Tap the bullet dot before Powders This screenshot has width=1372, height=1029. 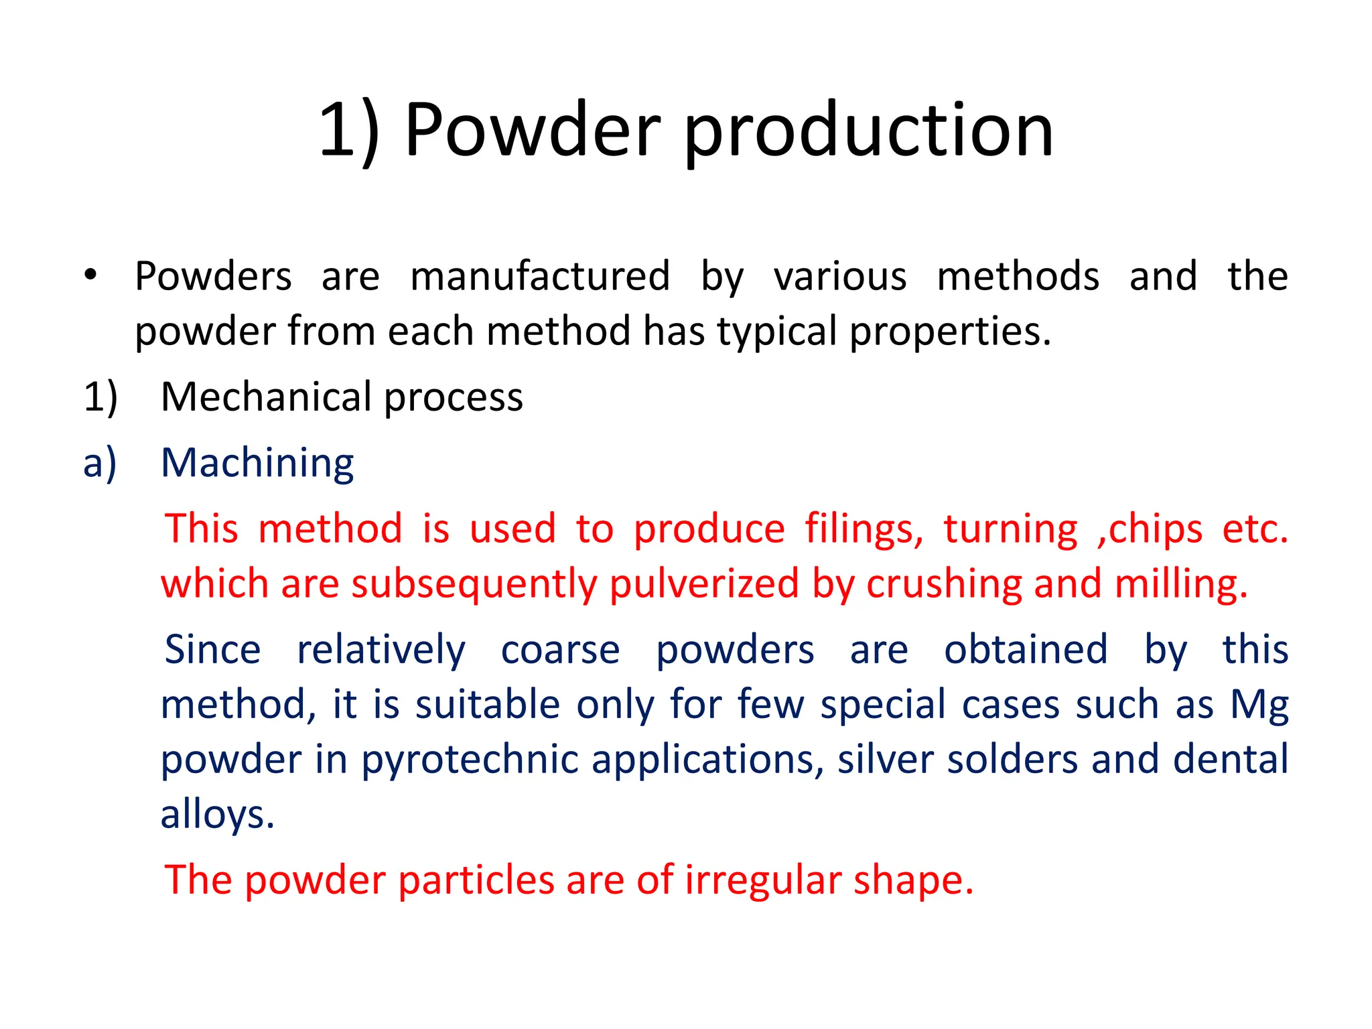pyautogui.click(x=90, y=275)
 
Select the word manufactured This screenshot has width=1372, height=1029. pyautogui.click(x=540, y=276)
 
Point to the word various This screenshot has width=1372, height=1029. pyautogui.click(x=840, y=276)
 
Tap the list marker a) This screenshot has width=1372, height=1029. pyautogui.click(x=100, y=463)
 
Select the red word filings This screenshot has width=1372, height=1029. pyautogui.click(x=864, y=529)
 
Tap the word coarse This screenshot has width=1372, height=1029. pyautogui.click(x=560, y=650)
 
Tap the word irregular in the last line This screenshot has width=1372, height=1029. pyautogui.click(x=763, y=880)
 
